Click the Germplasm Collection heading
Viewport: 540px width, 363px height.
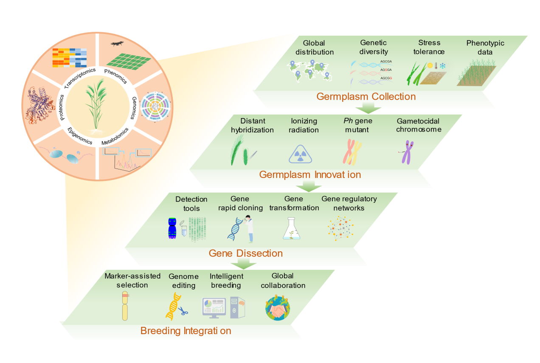(x=366, y=96)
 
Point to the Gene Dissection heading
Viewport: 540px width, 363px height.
(x=245, y=253)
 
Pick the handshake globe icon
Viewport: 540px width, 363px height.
(x=278, y=308)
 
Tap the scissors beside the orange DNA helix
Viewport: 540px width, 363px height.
(x=183, y=311)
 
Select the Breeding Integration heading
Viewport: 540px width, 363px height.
(x=186, y=331)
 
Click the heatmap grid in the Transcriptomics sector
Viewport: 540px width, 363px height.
(x=69, y=58)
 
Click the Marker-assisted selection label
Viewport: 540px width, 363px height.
(x=132, y=280)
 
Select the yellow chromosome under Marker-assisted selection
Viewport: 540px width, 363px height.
(x=125, y=306)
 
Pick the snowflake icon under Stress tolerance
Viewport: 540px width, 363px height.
(x=442, y=66)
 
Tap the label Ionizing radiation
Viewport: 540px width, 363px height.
(x=304, y=125)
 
